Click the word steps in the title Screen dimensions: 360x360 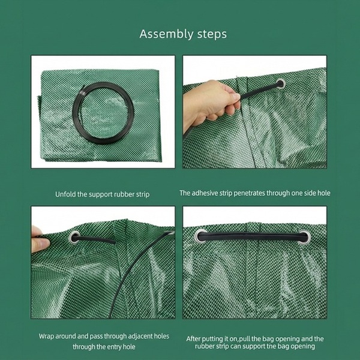[x=209, y=34]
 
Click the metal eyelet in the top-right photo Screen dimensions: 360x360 [x=281, y=84]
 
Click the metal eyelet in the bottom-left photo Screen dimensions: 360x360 [x=74, y=238]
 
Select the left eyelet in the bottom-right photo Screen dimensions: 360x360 [x=200, y=236]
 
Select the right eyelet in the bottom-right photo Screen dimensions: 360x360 [x=304, y=238]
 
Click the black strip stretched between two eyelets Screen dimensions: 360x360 [x=252, y=236]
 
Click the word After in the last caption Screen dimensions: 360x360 [x=193, y=339]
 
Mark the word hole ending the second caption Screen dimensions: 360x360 [x=324, y=193]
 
